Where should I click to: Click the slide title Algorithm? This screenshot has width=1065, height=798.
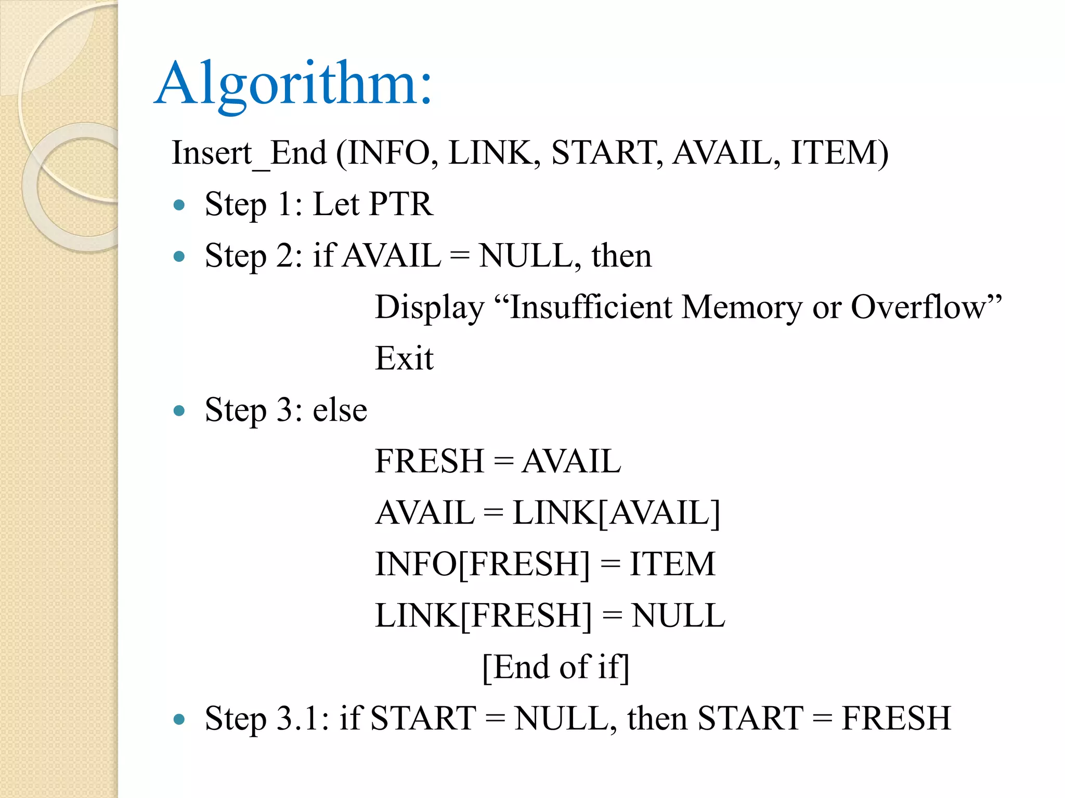click(x=293, y=84)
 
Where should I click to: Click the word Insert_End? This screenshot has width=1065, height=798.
click(x=249, y=153)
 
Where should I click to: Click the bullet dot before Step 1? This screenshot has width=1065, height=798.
click(x=179, y=205)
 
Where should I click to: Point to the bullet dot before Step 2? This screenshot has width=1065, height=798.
click(x=179, y=257)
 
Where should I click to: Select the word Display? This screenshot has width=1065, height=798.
click(x=430, y=307)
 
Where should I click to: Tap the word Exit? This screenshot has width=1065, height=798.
click(x=404, y=358)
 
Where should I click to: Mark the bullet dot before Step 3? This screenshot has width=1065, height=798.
click(x=179, y=411)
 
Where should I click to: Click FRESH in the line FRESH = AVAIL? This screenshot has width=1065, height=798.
click(x=430, y=461)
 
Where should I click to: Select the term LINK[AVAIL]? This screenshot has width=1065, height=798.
click(x=616, y=513)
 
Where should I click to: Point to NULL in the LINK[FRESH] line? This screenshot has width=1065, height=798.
click(x=678, y=616)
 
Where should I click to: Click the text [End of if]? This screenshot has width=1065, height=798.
click(x=556, y=667)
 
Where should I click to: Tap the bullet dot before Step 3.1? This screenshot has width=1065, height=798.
click(x=179, y=720)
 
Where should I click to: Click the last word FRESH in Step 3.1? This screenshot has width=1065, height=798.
click(x=896, y=719)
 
